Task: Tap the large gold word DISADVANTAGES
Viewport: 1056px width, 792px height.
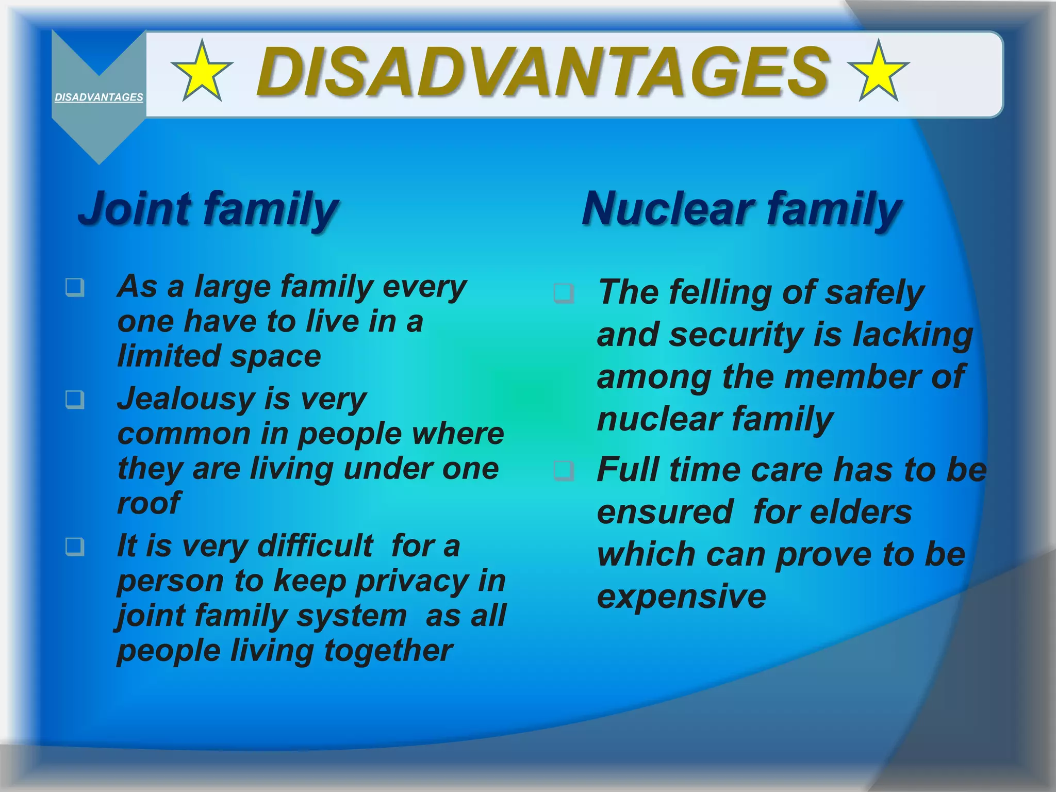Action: coord(542,72)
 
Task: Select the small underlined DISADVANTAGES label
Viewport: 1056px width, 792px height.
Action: coord(99,97)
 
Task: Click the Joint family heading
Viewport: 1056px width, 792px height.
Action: coord(208,208)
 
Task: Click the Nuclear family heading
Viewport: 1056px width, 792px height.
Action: coord(741,208)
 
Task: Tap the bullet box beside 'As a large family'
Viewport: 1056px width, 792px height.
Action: coord(75,287)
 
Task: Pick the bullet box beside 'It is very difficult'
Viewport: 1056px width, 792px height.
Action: coord(75,547)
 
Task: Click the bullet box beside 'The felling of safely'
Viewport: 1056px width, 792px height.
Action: coord(564,293)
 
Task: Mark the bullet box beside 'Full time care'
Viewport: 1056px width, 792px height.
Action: coord(564,470)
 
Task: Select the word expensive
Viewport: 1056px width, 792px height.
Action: coord(682,597)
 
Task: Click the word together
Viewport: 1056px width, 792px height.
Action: coord(388,651)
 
